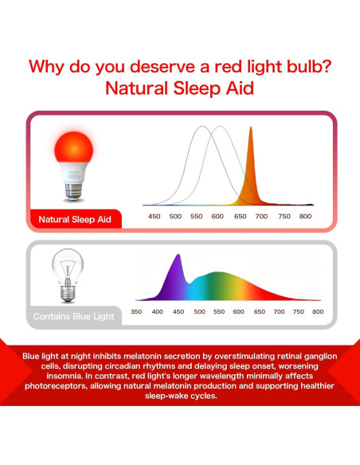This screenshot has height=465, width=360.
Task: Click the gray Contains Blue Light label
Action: (x=74, y=316)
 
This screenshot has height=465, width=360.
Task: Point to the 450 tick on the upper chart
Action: (x=155, y=217)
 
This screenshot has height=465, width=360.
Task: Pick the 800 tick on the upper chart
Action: (x=304, y=217)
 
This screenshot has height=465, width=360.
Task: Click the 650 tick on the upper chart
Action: (x=240, y=217)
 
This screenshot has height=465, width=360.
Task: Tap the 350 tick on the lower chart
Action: (x=137, y=312)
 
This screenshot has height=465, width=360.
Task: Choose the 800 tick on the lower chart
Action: (x=318, y=312)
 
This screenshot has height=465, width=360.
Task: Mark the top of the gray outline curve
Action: (x=203, y=127)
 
